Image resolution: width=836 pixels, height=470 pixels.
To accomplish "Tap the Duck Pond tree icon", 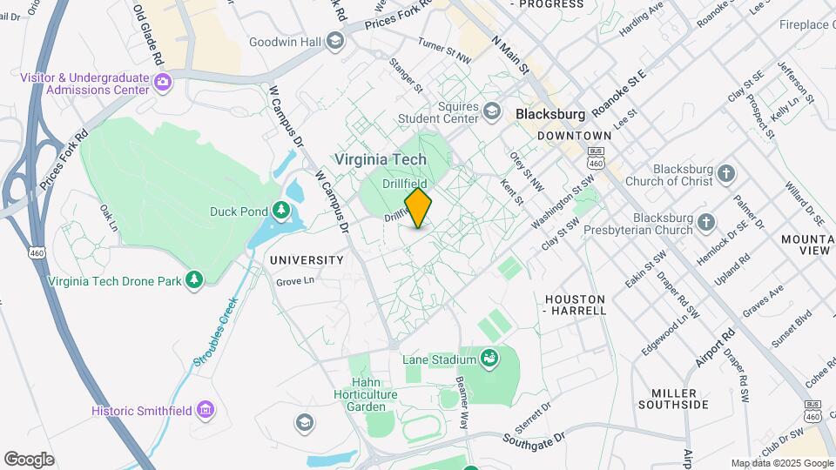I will coord(280,210).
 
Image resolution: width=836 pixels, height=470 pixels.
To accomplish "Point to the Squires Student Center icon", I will coord(492,111).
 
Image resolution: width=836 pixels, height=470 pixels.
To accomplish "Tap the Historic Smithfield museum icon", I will coord(205,410).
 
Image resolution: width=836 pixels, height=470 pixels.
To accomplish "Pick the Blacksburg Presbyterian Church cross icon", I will coord(707,225).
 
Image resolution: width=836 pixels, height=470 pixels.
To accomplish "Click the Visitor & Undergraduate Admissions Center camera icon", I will coord(162,83).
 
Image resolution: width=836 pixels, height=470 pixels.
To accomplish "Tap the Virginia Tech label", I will coord(381,159).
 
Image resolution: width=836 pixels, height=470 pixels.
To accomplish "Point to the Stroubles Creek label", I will coord(214,332).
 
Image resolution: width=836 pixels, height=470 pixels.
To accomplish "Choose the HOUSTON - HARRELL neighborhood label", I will coord(575,305).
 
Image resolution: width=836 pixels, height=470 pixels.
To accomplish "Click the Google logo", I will coord(29,460).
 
